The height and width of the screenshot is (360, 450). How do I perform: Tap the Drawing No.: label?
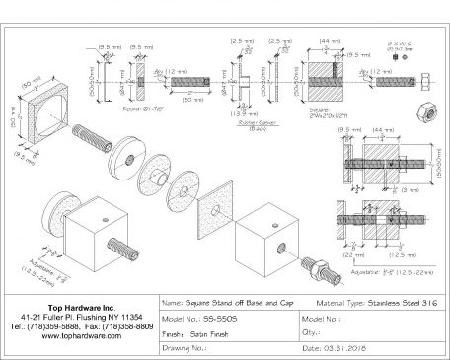(184, 347)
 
